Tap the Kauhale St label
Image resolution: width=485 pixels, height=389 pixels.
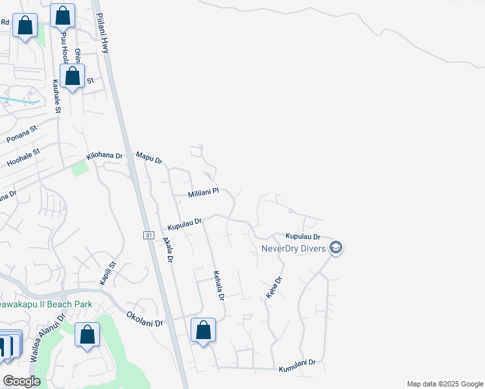point(56,96)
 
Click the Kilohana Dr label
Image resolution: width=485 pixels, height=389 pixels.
point(104,156)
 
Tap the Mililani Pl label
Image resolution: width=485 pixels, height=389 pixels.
point(204,193)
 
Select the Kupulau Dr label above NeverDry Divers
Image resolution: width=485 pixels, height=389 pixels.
point(303,237)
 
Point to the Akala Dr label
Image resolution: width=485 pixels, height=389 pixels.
point(169,249)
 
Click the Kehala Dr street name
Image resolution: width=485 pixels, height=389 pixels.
point(219,286)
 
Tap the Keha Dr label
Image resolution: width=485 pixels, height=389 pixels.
point(274,288)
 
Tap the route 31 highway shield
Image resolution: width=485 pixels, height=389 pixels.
point(148,235)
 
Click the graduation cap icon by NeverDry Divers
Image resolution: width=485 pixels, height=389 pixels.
point(336,248)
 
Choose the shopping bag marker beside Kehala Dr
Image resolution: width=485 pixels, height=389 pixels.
point(204,330)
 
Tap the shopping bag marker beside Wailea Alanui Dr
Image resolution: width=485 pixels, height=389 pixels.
point(87,335)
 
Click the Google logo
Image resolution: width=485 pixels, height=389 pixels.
point(22,381)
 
